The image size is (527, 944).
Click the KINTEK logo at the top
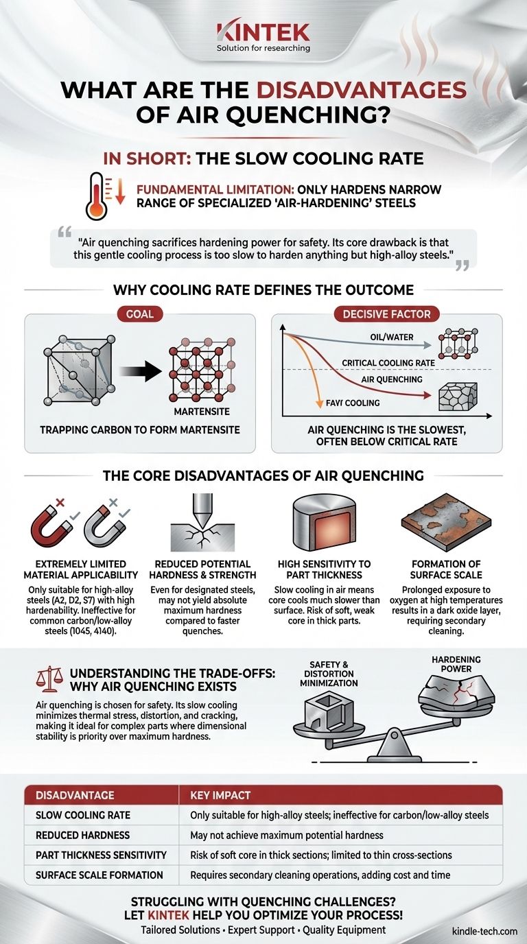click(x=263, y=32)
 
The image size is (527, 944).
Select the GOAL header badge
click(x=139, y=315)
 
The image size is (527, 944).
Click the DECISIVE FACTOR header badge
click(x=387, y=315)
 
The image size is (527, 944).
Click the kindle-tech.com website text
click(x=484, y=931)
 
